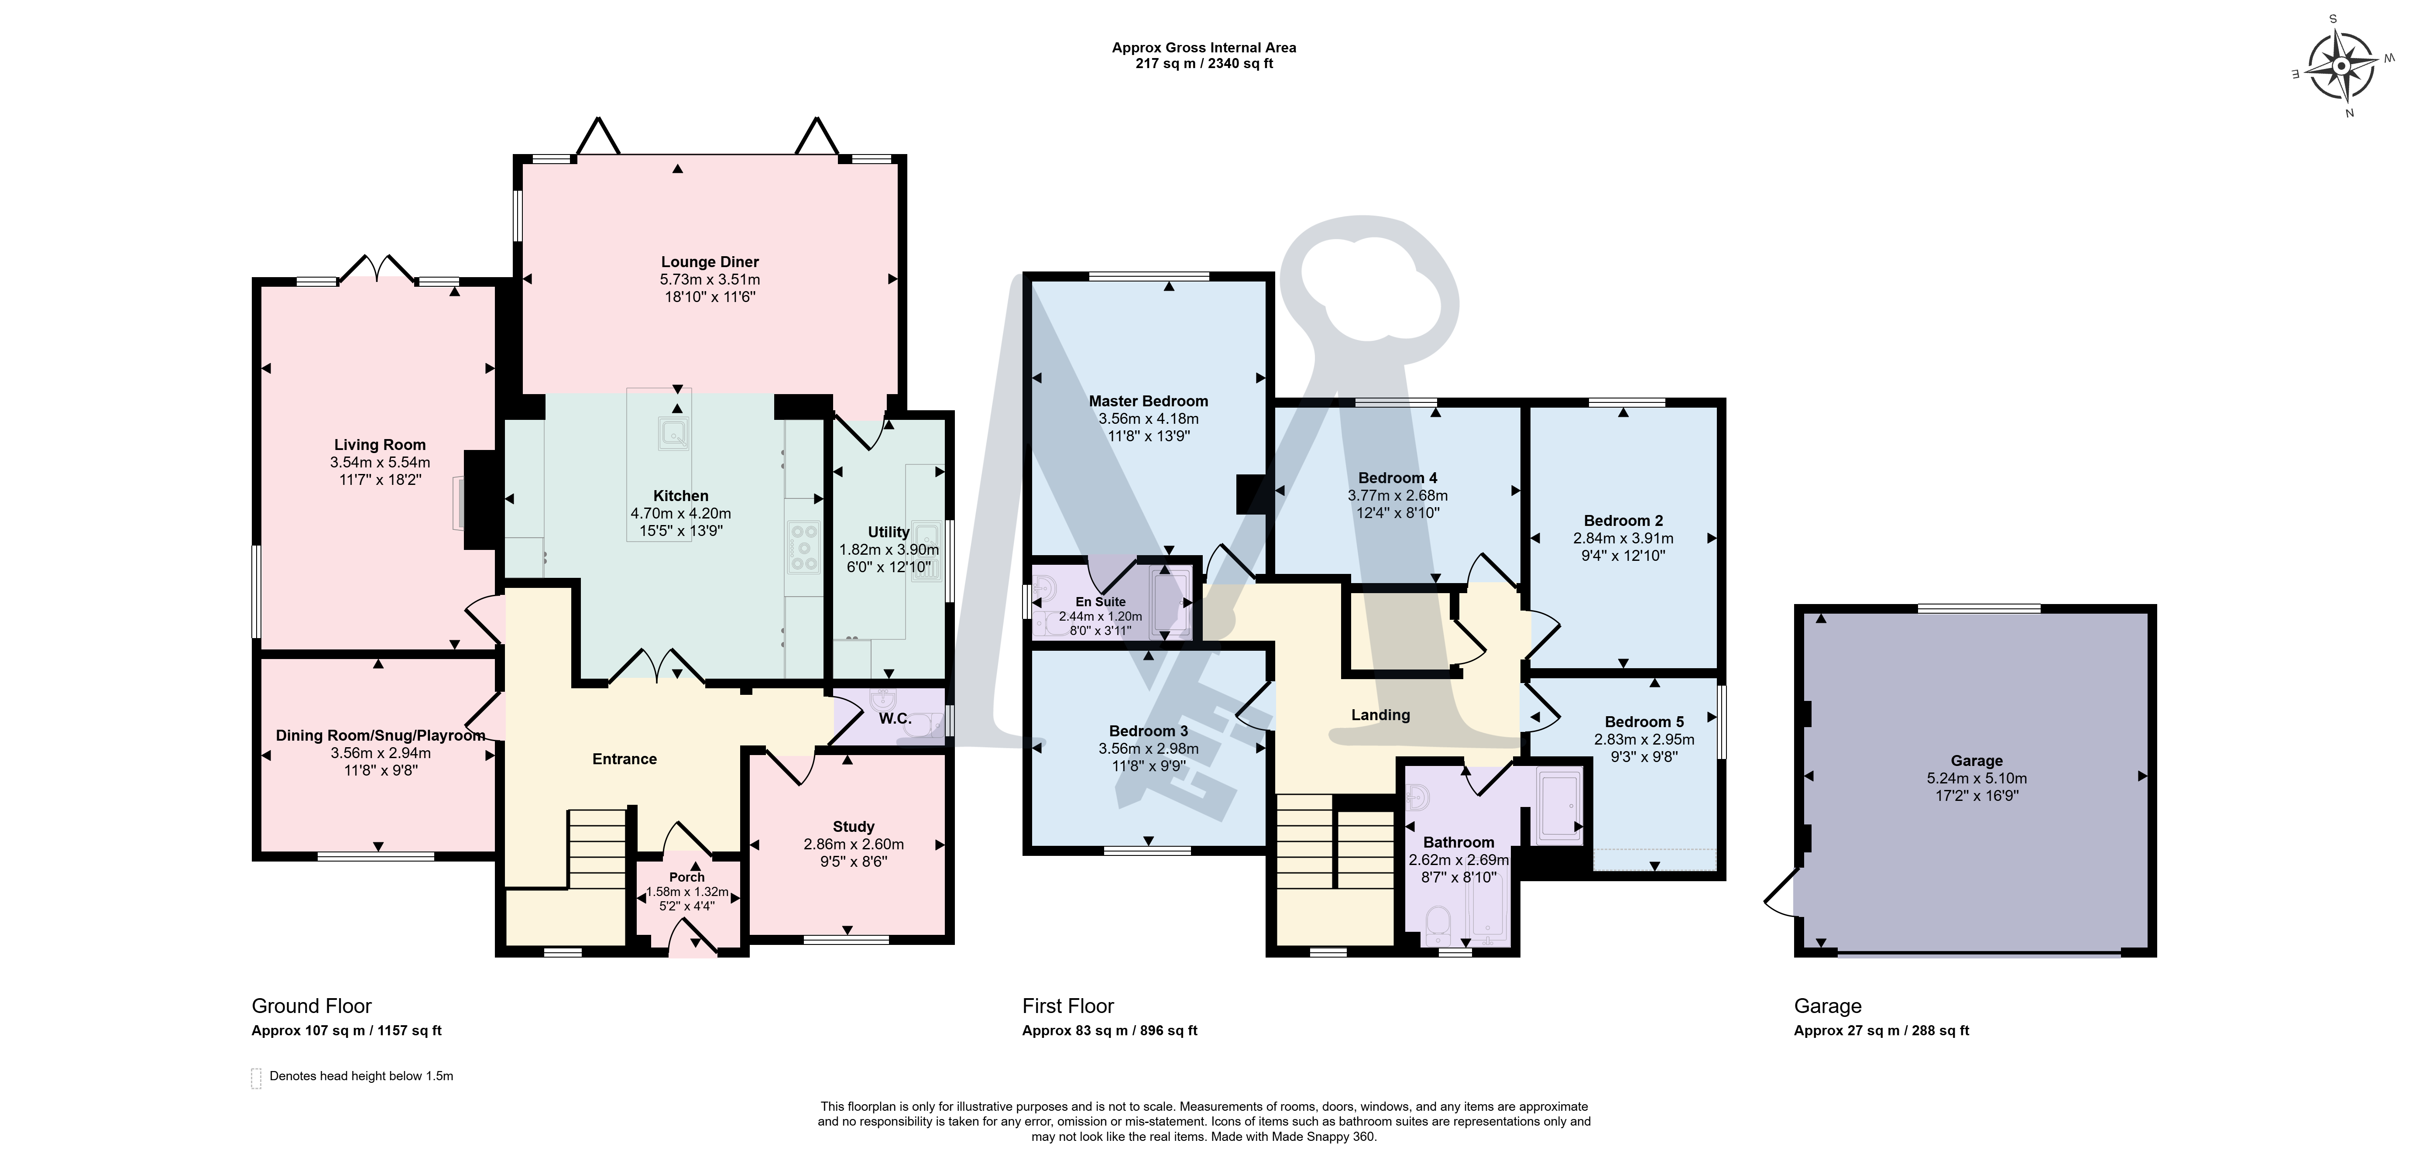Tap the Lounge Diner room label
pyautogui.click(x=710, y=262)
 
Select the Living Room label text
pyautogui.click(x=380, y=445)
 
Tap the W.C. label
pyautogui.click(x=895, y=718)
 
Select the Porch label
pyautogui.click(x=687, y=877)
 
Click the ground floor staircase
pyautogui.click(x=597, y=849)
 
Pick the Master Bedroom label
pyautogui.click(x=1148, y=401)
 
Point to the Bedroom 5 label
pyautogui.click(x=1644, y=722)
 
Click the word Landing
pyautogui.click(x=1380, y=715)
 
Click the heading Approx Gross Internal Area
pyautogui.click(x=1204, y=48)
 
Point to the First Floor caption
pyautogui.click(x=1068, y=1006)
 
